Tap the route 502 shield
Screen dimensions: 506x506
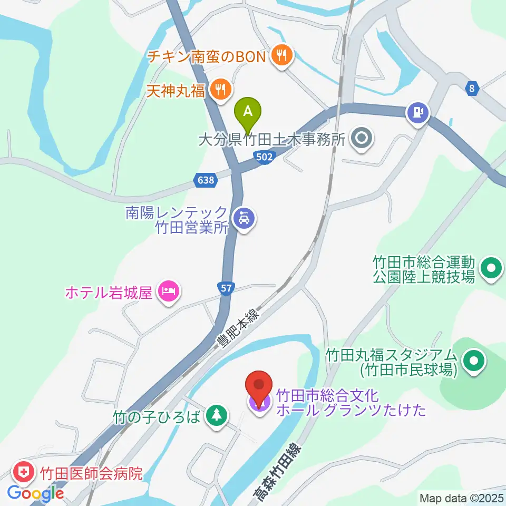265,157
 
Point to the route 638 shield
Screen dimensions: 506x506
207,180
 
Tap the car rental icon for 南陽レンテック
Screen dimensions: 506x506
244,217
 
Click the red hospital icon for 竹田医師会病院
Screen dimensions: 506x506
23,470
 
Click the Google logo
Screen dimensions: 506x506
36,493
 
